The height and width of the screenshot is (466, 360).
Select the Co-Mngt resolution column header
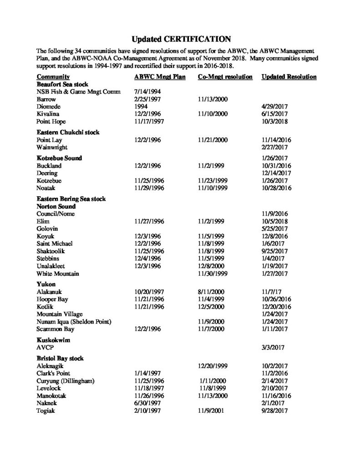(225, 77)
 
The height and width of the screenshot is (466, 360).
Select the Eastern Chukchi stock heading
(68, 132)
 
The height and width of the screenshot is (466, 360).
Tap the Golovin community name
(47, 228)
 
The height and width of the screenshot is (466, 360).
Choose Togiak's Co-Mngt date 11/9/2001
(211, 411)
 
